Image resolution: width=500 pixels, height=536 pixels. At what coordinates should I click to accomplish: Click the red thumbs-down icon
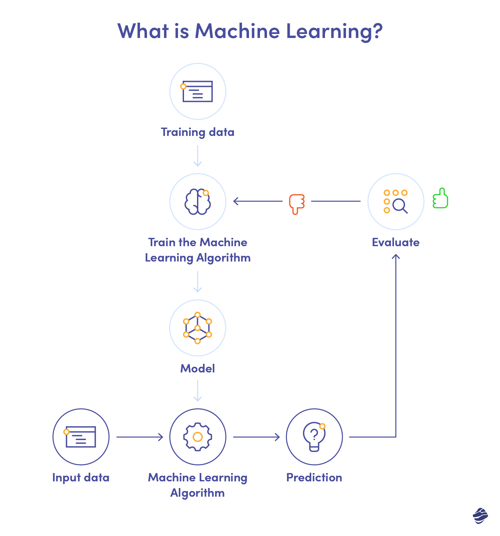(x=297, y=204)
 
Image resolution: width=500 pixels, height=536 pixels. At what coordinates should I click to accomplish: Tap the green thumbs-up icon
(x=440, y=198)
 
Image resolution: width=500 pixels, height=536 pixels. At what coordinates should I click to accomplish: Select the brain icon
(x=198, y=202)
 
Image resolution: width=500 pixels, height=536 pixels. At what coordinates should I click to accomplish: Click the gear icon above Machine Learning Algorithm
(x=198, y=437)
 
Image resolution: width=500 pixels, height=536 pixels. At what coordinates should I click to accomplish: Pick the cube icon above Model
(x=198, y=328)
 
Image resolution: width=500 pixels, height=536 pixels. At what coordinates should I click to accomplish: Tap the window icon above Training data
(x=198, y=91)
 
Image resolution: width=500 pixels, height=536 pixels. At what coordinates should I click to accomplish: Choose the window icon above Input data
(x=81, y=437)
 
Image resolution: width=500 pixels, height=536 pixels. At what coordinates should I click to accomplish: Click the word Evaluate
(x=396, y=242)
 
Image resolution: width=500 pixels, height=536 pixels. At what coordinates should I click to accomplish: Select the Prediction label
(x=314, y=477)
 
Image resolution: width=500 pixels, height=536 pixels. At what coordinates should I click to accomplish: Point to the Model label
(x=198, y=368)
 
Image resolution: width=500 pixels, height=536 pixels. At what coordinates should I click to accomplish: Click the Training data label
(x=198, y=132)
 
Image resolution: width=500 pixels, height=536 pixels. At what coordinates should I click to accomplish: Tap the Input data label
(x=81, y=477)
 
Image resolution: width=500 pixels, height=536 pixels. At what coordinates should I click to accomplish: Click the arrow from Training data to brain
(x=198, y=156)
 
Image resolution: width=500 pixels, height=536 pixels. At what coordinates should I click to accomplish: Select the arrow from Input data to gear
(x=140, y=437)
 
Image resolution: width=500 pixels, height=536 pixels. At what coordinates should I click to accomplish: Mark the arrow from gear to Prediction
(x=256, y=437)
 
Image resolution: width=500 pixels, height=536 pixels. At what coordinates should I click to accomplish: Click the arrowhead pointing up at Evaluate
(x=396, y=256)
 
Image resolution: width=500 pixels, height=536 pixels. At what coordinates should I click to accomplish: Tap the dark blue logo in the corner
(x=480, y=516)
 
